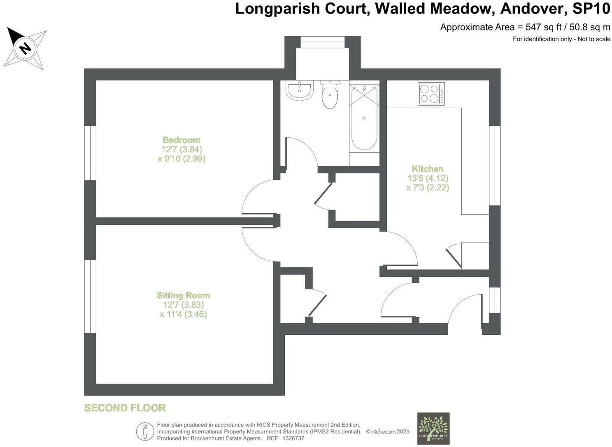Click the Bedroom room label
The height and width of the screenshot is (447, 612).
182,140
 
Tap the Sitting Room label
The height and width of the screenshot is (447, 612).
183,295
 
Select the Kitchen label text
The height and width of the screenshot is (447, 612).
428,168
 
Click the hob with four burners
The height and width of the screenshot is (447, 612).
431,94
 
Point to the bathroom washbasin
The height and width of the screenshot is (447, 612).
300,90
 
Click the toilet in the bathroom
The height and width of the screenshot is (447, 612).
330,94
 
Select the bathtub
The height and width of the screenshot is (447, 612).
364,117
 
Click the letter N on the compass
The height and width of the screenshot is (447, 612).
26,48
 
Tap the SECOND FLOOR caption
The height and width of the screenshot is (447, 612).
125,408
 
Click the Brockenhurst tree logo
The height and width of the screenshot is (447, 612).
433,429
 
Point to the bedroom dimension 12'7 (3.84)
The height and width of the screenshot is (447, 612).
182,149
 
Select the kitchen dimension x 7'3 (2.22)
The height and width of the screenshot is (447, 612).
428,188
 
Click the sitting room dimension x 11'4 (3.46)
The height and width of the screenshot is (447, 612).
183,314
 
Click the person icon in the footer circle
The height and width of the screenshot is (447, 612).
145,432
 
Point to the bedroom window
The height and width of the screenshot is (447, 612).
90,153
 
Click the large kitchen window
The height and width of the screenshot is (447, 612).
495,166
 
